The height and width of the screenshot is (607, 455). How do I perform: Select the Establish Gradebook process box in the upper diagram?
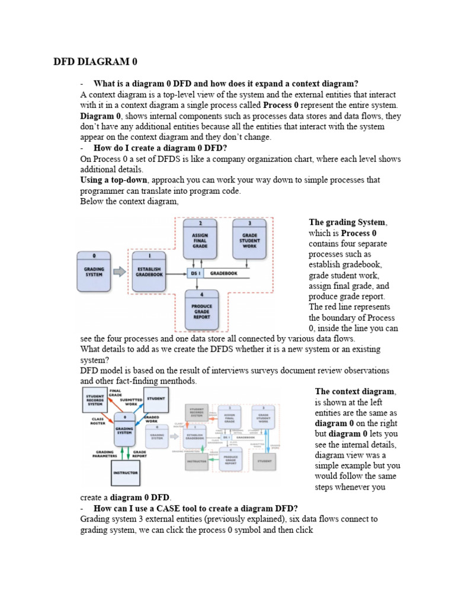click(150, 271)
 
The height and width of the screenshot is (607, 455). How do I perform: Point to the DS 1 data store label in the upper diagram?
click(195, 273)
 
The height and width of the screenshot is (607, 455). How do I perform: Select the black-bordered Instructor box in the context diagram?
click(126, 473)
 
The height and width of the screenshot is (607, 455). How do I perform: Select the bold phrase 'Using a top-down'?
click(114, 180)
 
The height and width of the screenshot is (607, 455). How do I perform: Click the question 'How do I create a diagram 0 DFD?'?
click(161, 148)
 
